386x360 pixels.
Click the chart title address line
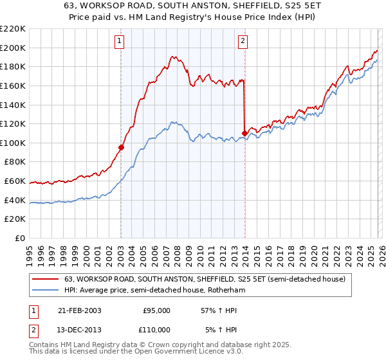(x=193, y=6)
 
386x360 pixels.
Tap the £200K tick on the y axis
(x=13, y=48)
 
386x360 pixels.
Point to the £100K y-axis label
(x=13, y=143)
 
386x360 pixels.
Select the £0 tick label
(x=19, y=238)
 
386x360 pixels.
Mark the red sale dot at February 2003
(x=121, y=147)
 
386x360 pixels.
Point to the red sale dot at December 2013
(x=244, y=133)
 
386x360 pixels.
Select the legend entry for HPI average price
(x=154, y=290)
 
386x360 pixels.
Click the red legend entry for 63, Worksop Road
(x=205, y=279)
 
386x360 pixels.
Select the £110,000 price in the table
(x=156, y=330)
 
